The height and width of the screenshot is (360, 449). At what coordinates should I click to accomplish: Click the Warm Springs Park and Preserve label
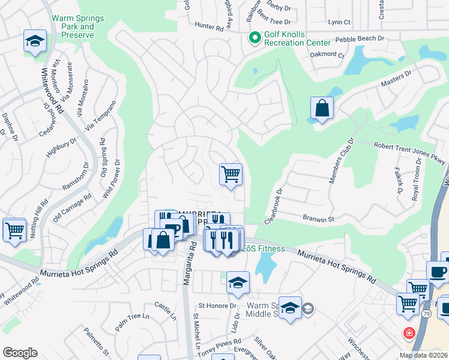(77, 26)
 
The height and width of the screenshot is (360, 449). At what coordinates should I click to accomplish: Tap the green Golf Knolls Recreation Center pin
(255, 38)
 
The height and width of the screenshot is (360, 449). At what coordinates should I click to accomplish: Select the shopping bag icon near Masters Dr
(322, 109)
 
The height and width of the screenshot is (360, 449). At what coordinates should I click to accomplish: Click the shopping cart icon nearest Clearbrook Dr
(231, 175)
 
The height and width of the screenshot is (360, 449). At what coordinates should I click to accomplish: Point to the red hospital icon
(409, 332)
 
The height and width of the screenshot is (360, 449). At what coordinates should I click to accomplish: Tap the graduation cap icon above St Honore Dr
(238, 283)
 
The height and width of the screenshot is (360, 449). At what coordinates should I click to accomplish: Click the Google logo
(20, 353)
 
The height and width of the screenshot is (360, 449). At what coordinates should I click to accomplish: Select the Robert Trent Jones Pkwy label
(410, 150)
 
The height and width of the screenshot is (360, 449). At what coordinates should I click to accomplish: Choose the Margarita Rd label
(193, 259)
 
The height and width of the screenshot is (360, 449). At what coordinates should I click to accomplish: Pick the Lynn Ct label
(339, 22)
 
